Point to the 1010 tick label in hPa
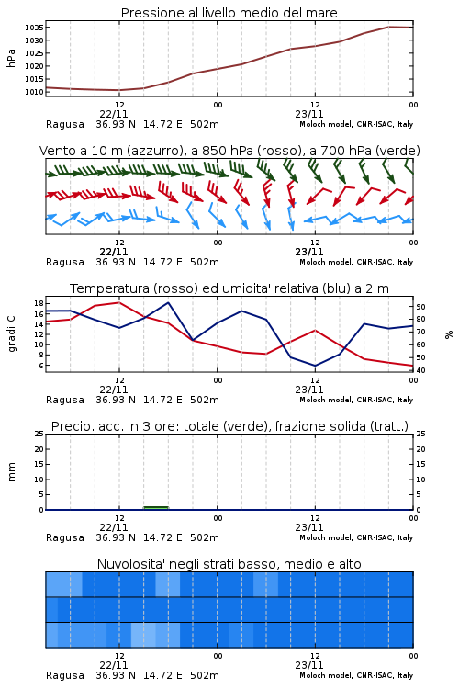coord(34,92)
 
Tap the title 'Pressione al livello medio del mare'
coord(229,13)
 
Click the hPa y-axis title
coord(11,58)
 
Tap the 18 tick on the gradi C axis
coord(39,304)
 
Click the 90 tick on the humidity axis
coord(420,307)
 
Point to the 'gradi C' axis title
coord(11,333)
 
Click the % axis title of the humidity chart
coord(449,334)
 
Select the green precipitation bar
coord(156,508)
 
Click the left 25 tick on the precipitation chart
coord(39,434)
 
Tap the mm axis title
coord(11,472)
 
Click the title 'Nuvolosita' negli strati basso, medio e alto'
coord(229,564)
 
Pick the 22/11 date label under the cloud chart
coord(114,665)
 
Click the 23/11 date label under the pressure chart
coord(309,114)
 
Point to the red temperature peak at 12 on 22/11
coord(119,302)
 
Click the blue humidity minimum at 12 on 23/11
coord(315,366)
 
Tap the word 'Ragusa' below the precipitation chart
coord(65,537)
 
